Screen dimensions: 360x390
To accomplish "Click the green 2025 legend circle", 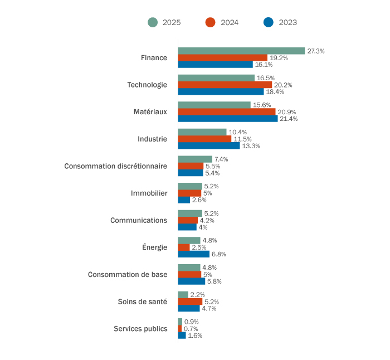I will [x=153, y=22].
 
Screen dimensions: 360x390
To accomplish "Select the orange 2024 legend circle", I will [x=210, y=22].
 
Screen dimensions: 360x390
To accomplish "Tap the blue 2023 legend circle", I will [x=269, y=22].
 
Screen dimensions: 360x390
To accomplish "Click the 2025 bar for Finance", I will [x=241, y=51].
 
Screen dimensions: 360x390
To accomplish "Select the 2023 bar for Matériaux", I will [x=227, y=119].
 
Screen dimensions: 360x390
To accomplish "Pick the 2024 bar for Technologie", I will [x=225, y=85].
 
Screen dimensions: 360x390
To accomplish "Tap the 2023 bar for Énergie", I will [x=193, y=254].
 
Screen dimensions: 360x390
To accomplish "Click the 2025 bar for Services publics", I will [x=180, y=322].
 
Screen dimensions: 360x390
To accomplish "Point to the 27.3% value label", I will [x=316, y=51].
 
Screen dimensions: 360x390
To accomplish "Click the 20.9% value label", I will [x=286, y=112].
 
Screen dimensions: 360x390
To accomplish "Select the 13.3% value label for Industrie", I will [x=251, y=146].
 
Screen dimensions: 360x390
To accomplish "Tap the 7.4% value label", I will [x=221, y=159].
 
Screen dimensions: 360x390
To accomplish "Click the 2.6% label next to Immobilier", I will [x=199, y=200].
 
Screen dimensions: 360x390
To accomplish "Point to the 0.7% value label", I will [x=191, y=329].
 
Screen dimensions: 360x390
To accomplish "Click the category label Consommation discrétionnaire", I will [x=115, y=166].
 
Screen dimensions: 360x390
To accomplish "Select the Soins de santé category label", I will [x=142, y=301].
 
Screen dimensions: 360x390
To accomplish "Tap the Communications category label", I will [x=139, y=220].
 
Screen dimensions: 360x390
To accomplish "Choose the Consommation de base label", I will [x=128, y=274].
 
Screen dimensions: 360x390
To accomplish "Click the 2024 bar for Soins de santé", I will [x=190, y=301].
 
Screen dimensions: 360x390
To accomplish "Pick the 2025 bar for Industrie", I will [x=202, y=132].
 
